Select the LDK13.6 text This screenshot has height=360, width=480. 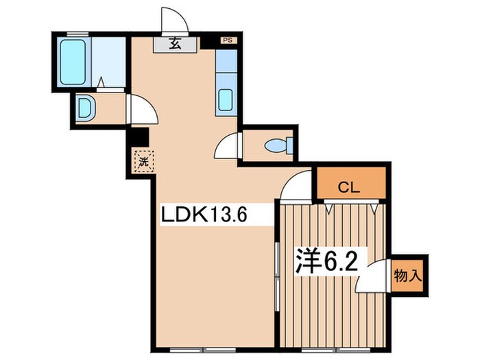[x=203, y=215]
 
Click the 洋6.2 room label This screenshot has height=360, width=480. [x=326, y=261]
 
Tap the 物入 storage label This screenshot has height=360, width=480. [x=407, y=276]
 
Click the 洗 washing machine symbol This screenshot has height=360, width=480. [x=144, y=163]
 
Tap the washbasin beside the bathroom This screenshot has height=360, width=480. [x=84, y=108]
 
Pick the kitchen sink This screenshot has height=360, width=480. [x=226, y=100]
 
